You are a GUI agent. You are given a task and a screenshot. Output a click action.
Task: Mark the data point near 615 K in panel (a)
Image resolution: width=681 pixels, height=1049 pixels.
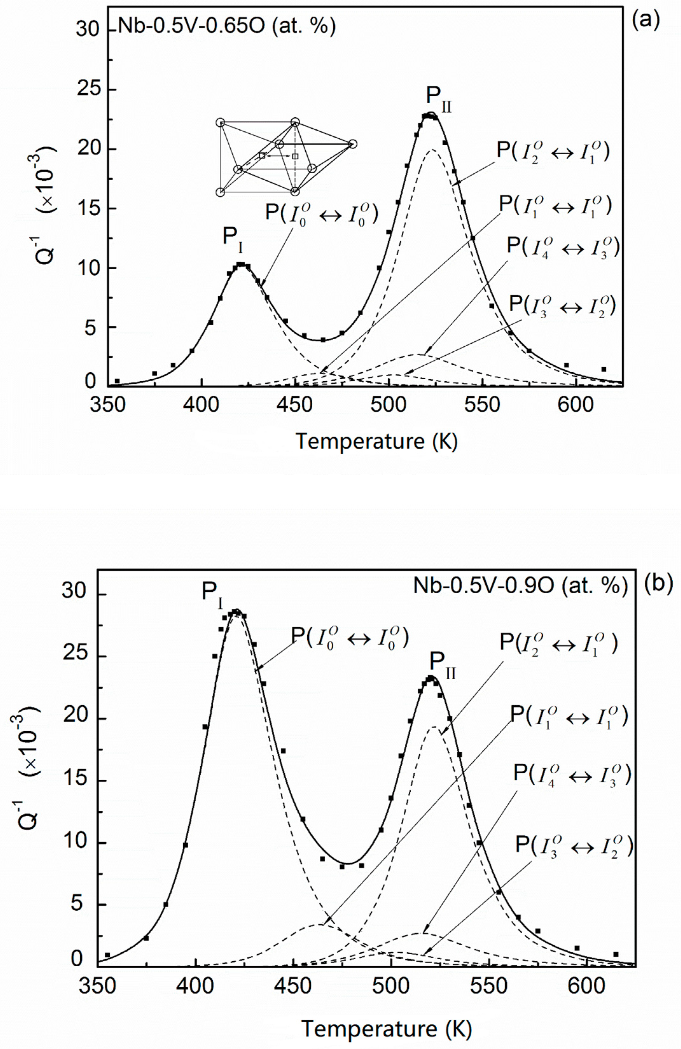pyautogui.click(x=603, y=369)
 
